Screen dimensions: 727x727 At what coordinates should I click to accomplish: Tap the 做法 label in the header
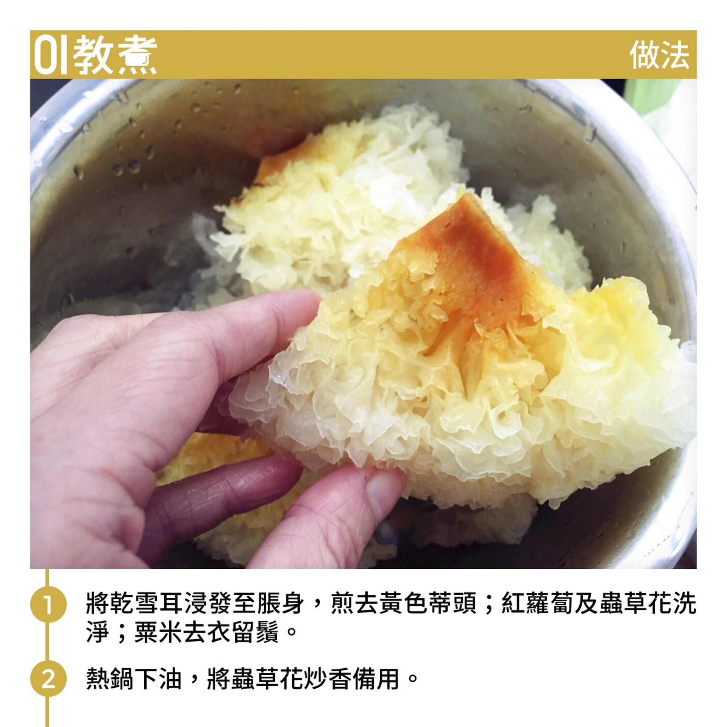tap(659, 55)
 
